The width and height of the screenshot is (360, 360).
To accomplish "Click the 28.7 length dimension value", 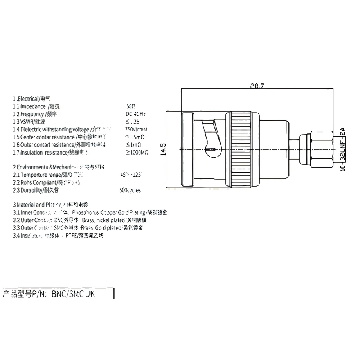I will tap(257, 86).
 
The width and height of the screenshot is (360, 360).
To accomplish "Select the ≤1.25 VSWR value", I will tap(132, 121).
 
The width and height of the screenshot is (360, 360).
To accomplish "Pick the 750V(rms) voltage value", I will tap(136, 129).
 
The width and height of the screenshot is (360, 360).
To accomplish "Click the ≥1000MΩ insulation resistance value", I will tap(137, 152).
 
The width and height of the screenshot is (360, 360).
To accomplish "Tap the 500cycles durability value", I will tap(130, 190).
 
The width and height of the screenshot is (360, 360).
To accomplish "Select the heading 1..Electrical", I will tap(32, 99).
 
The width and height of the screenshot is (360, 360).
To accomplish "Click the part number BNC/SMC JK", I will tap(73, 294).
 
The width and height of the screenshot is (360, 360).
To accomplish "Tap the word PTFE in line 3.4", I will tap(70, 236).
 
